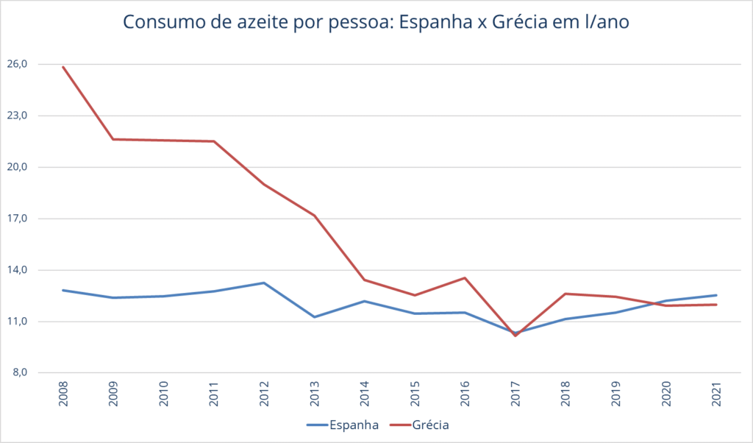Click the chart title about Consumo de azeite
pos(376,22)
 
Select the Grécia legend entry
pos(431,425)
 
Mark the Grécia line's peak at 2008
pos(63,67)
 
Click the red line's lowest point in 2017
pos(515,336)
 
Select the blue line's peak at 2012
pos(264,283)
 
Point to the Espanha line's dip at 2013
pos(315,317)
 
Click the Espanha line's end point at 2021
pos(716,295)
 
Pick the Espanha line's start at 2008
pos(63,290)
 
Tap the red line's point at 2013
pos(315,216)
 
